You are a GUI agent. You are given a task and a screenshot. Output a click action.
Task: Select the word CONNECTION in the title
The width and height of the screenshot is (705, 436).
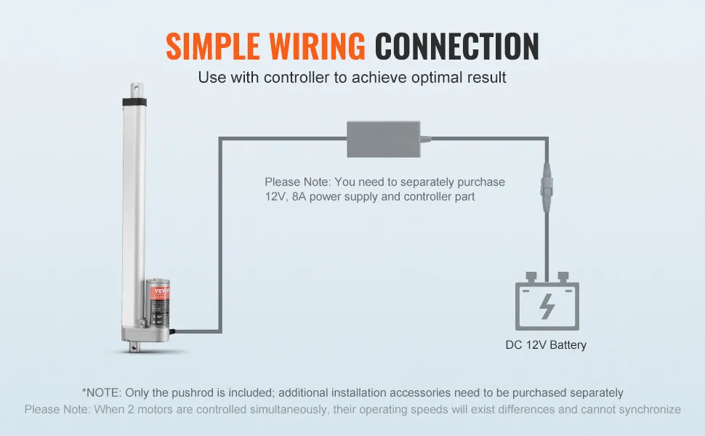(456, 47)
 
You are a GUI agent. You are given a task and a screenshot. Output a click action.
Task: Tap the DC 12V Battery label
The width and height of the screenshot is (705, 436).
(546, 345)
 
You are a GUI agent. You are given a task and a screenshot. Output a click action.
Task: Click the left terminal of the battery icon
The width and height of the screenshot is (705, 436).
(531, 278)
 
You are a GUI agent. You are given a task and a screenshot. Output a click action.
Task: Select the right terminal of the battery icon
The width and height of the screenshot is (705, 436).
(563, 278)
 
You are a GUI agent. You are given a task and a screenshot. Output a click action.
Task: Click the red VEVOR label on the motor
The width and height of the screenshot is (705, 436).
(157, 291)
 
